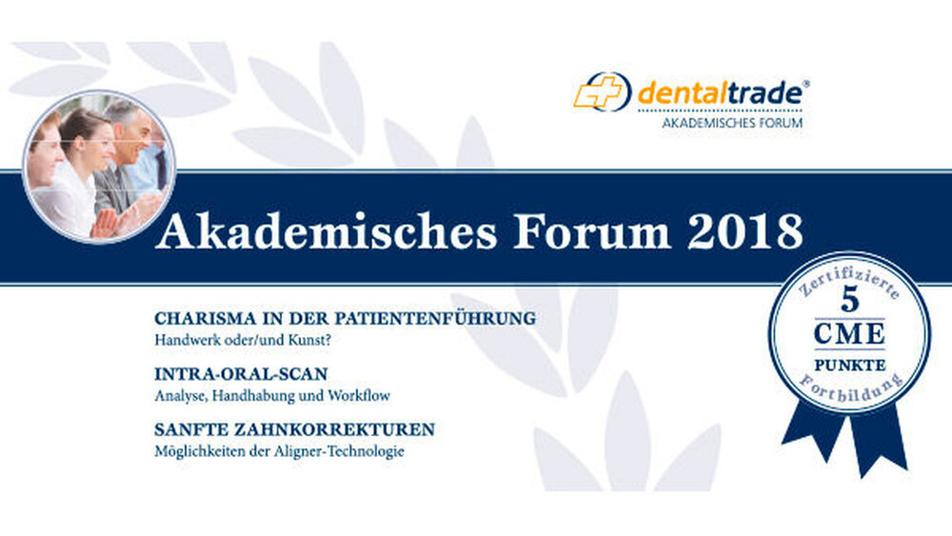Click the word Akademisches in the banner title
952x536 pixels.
(326, 232)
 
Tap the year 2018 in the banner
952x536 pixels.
(745, 231)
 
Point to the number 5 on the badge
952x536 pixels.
(850, 301)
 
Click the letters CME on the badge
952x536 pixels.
(849, 334)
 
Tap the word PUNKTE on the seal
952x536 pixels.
(849, 366)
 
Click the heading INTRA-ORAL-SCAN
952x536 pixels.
(241, 374)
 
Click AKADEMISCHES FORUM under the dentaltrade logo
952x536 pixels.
(732, 123)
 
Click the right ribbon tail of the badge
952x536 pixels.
(879, 437)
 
